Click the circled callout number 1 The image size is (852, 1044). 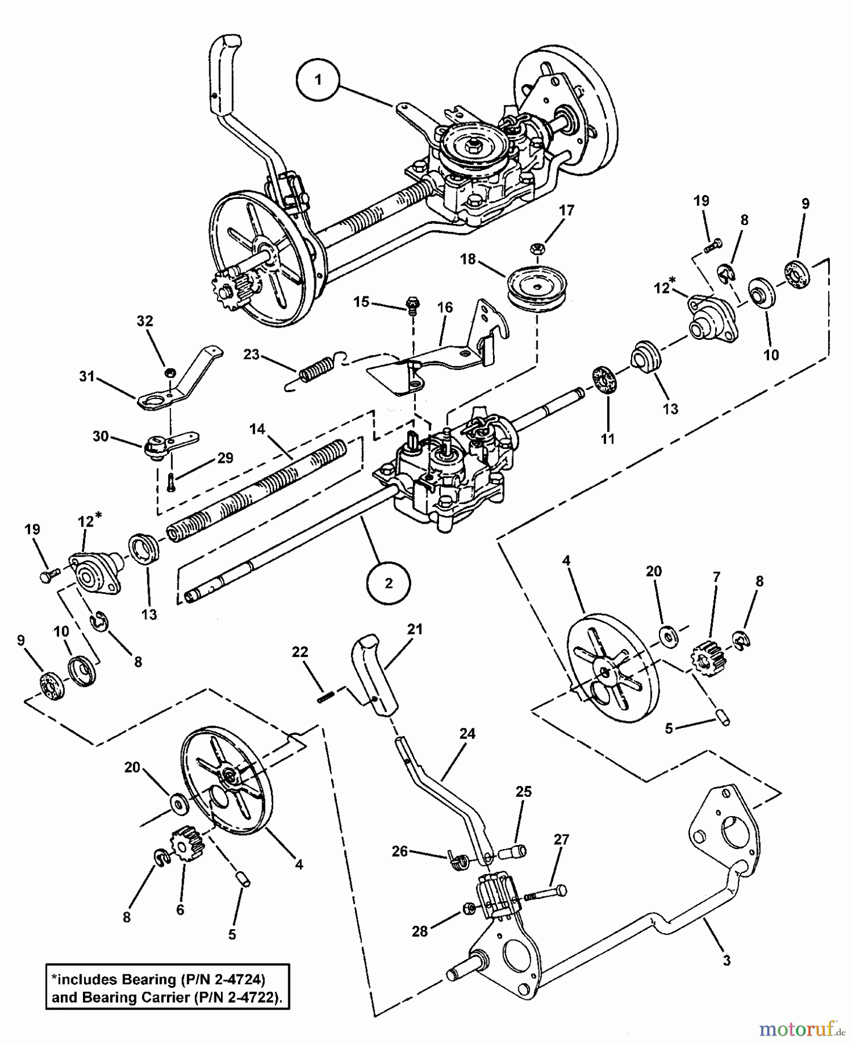[317, 81]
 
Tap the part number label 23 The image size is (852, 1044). [252, 354]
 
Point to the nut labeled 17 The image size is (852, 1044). [536, 249]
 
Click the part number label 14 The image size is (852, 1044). [258, 429]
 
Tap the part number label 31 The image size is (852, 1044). [87, 377]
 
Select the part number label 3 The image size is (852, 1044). [726, 960]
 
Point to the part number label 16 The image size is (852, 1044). [445, 307]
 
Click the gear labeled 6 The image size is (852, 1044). [187, 842]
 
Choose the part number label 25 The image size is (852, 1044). [523, 792]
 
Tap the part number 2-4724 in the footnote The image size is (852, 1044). [238, 980]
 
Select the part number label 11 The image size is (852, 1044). [607, 439]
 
